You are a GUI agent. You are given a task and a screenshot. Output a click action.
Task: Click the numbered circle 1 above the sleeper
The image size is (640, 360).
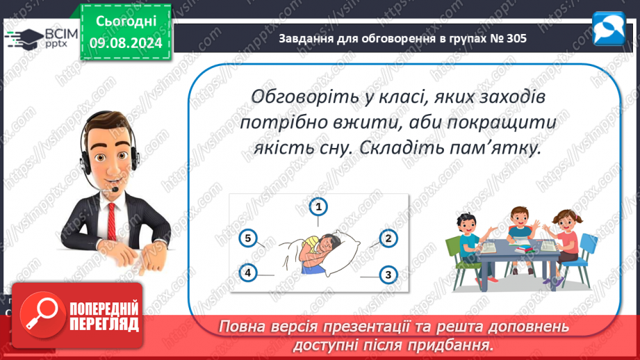point(318,207)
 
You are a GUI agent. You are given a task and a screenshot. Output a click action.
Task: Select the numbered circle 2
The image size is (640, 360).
point(388,239)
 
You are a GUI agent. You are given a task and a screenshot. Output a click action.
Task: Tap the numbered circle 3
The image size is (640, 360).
point(388,275)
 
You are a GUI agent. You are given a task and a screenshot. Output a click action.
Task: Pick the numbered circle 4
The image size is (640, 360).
point(248,272)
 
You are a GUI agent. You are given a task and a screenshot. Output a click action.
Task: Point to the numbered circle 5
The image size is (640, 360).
point(248,238)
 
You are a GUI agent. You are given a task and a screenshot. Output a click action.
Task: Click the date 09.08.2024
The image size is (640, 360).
point(126,43)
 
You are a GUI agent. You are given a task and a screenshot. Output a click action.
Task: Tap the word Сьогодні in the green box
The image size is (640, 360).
point(126,22)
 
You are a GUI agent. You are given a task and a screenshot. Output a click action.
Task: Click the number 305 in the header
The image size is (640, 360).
point(516,38)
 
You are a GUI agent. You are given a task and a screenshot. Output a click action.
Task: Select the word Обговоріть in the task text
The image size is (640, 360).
point(304,97)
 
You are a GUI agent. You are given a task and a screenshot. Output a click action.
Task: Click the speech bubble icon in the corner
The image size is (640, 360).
point(609,28)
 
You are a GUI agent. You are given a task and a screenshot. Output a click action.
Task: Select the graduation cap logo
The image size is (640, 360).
point(24,39)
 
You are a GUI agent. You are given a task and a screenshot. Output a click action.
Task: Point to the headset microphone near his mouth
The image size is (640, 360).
point(115,190)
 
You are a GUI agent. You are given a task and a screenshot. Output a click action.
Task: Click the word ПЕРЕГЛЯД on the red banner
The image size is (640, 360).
point(104,324)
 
